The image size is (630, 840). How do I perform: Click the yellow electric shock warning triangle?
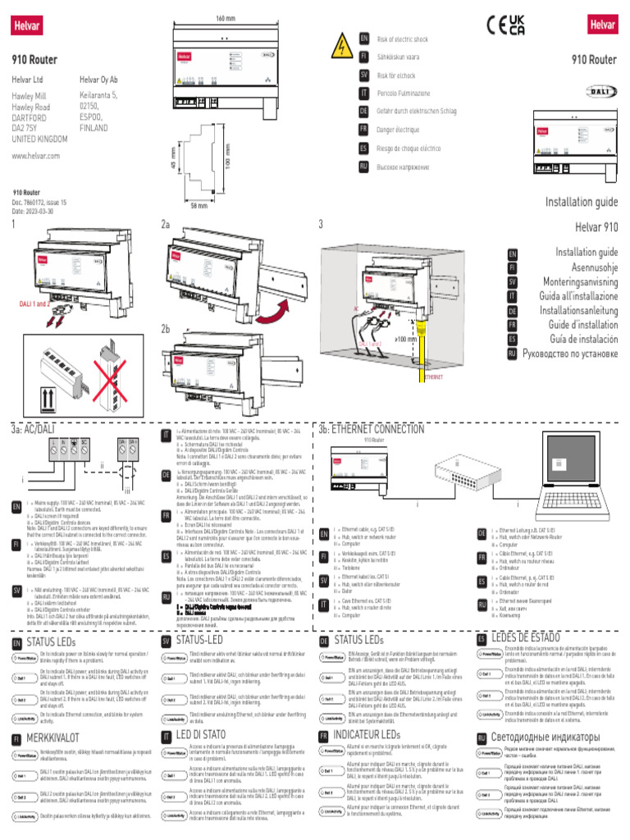point(338,47)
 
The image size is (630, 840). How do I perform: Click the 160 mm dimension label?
point(226,18)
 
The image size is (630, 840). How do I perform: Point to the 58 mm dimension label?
point(199,205)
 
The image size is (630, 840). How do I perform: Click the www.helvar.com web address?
point(36,155)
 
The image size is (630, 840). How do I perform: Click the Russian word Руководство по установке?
point(567,355)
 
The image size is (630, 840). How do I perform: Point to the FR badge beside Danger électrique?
point(363,129)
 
